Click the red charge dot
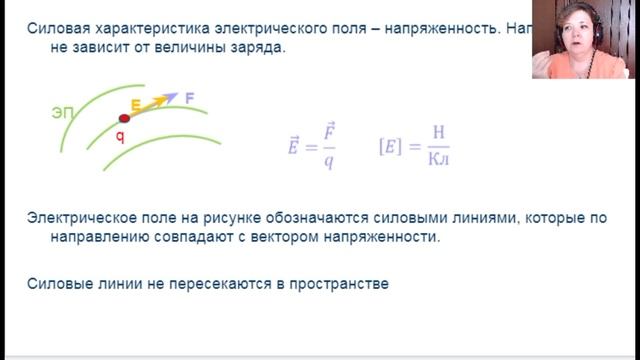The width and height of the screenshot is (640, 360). pyautogui.click(x=125, y=119)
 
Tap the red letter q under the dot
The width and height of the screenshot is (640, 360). pyautogui.click(x=119, y=137)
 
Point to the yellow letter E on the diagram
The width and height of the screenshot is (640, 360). pyautogui.click(x=135, y=104)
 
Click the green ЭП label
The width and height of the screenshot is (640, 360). pyautogui.click(x=63, y=113)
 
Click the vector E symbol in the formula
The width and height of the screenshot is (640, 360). pyautogui.click(x=293, y=146)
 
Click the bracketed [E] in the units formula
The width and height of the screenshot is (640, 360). pyautogui.click(x=391, y=146)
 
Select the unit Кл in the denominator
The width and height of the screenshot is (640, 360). pyautogui.click(x=438, y=160)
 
